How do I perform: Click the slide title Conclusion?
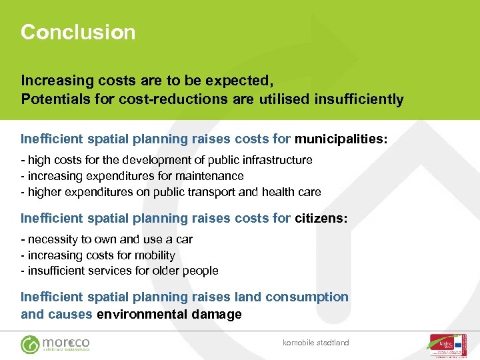78,32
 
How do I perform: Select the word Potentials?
54,100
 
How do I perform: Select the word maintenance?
210,176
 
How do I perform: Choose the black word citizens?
321,218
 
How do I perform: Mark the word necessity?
53,239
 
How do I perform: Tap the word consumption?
307,297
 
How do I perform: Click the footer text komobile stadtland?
316,343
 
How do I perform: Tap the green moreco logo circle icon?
30,344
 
